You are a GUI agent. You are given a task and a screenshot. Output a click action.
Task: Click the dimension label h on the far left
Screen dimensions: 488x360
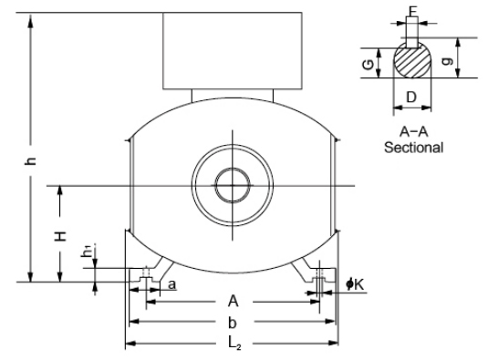[x=30, y=160]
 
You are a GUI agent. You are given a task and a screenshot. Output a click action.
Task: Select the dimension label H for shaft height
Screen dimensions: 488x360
[x=61, y=236]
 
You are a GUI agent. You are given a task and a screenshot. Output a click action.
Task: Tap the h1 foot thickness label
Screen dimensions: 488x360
[x=88, y=251]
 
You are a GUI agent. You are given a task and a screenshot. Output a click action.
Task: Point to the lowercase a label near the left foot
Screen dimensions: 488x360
[x=171, y=284]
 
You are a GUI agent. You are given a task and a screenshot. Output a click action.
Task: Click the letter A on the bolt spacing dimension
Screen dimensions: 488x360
[x=234, y=302]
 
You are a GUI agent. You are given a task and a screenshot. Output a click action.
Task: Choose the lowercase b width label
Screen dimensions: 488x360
[x=233, y=323]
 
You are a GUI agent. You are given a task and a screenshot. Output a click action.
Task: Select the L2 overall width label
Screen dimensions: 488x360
[x=234, y=344]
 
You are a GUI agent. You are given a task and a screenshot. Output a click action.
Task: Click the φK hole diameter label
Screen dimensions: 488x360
[x=355, y=284]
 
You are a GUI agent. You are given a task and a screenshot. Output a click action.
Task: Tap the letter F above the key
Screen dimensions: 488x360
[x=412, y=11]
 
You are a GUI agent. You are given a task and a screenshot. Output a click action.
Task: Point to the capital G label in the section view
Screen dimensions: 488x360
[x=369, y=65]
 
